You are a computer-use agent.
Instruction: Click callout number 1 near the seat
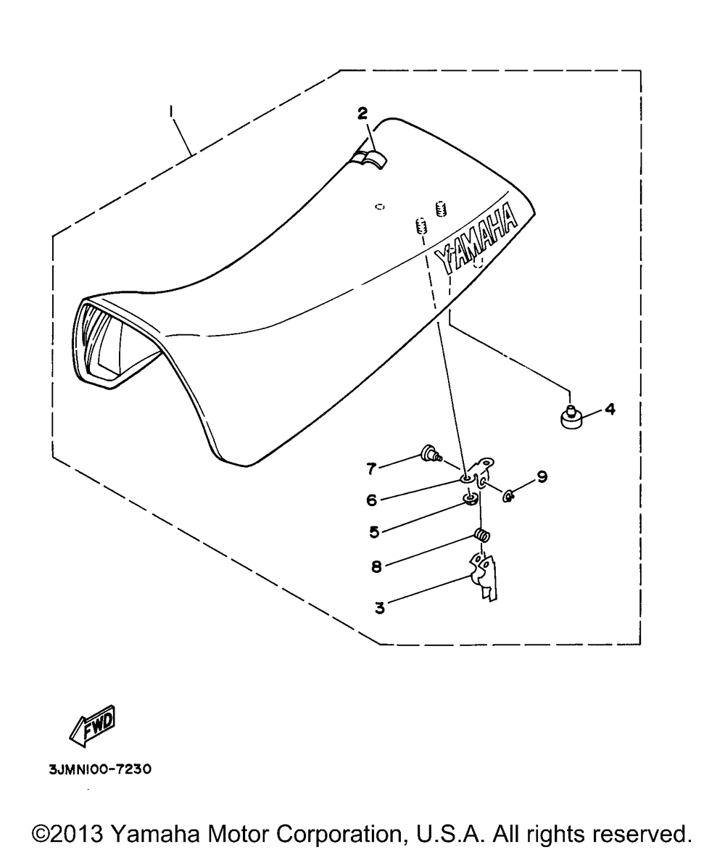(x=171, y=112)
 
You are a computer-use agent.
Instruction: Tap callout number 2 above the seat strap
(x=362, y=113)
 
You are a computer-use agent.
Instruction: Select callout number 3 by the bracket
(x=379, y=607)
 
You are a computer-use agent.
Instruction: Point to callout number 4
(x=610, y=409)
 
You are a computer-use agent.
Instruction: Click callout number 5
(x=374, y=532)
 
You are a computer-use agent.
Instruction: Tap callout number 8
(x=376, y=566)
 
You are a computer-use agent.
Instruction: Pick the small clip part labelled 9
(x=508, y=496)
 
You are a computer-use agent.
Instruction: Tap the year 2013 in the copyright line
(x=84, y=830)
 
